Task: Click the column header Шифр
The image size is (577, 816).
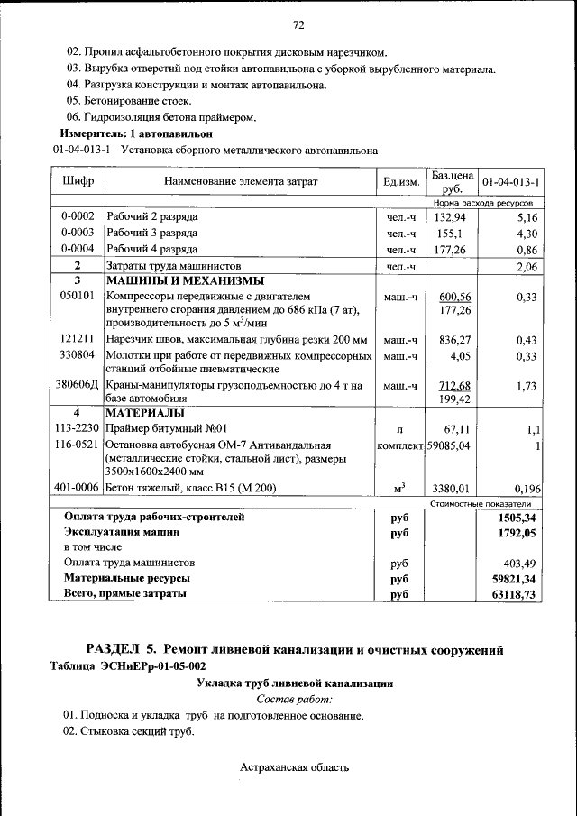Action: pyautogui.click(x=78, y=182)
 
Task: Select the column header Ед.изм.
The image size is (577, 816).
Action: pyautogui.click(x=401, y=182)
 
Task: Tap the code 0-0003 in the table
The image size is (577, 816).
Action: pyautogui.click(x=78, y=234)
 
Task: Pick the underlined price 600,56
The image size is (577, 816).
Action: pyautogui.click(x=455, y=297)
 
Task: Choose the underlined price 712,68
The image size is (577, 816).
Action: pyautogui.click(x=455, y=386)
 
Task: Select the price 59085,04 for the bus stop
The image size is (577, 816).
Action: pyautogui.click(x=455, y=445)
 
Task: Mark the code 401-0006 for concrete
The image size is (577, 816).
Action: pyautogui.click(x=77, y=488)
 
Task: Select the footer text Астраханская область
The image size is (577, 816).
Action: pyautogui.click(x=294, y=767)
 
